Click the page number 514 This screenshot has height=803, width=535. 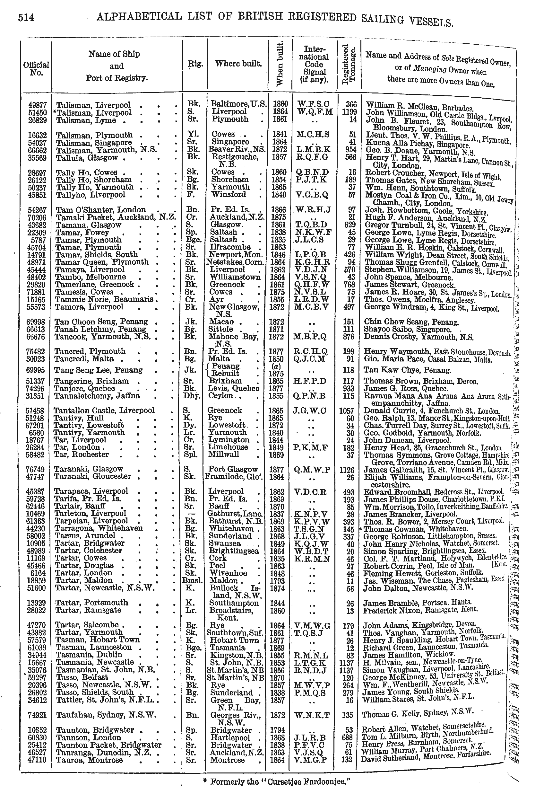26,17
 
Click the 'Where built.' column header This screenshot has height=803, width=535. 238,64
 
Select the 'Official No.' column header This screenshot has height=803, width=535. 36,68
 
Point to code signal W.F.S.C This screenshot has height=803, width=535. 314,104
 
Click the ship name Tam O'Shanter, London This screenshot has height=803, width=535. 101,210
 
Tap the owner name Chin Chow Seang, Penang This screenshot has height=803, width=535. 411,322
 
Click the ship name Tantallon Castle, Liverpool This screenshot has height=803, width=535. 104,410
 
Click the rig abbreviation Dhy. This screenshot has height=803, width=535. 193,396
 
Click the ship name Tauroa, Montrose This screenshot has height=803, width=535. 90,760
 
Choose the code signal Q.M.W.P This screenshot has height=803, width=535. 313,470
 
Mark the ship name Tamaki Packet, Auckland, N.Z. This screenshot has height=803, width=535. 116,217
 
